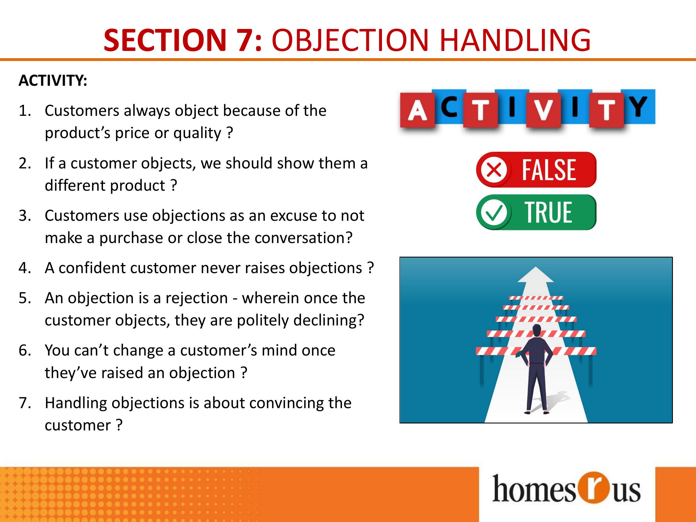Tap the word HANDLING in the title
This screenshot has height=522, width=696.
pyautogui.click(x=515, y=40)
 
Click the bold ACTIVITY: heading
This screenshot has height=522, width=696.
pyautogui.click(x=53, y=80)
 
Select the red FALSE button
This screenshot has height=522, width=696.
pyautogui.click(x=536, y=170)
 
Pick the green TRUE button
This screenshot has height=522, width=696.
pyautogui.click(x=536, y=212)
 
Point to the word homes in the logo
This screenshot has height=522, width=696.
pyautogui.click(x=534, y=489)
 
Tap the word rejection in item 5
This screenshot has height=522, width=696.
pyautogui.click(x=197, y=298)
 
